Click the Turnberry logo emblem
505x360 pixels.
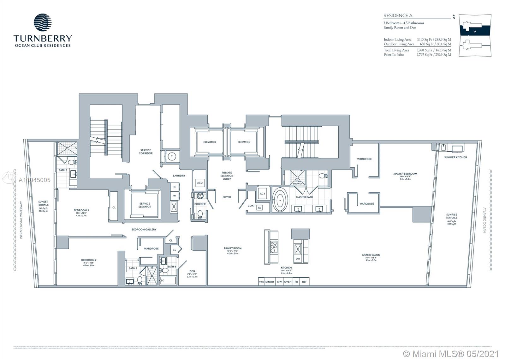tap(43, 23)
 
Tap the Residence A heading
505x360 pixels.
tap(398, 15)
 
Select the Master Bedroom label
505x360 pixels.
tap(405, 174)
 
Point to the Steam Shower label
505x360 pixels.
tap(298, 182)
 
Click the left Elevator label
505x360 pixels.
tap(210, 142)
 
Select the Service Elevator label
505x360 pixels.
tap(145, 205)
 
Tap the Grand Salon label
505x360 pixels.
tap(371, 255)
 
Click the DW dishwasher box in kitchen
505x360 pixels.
tap(298, 259)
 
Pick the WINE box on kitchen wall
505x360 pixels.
tap(261, 282)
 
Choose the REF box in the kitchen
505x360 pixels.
tap(304, 282)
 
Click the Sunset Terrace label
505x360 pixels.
tap(43, 203)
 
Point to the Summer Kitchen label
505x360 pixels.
tap(455, 157)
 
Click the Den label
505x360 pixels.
tap(192, 271)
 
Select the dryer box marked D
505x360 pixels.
tap(175, 187)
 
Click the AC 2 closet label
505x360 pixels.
tap(199, 183)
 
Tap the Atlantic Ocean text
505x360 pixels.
tap(484, 220)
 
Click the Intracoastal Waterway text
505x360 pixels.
tap(21, 220)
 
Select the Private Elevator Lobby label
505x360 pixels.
tap(227, 176)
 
